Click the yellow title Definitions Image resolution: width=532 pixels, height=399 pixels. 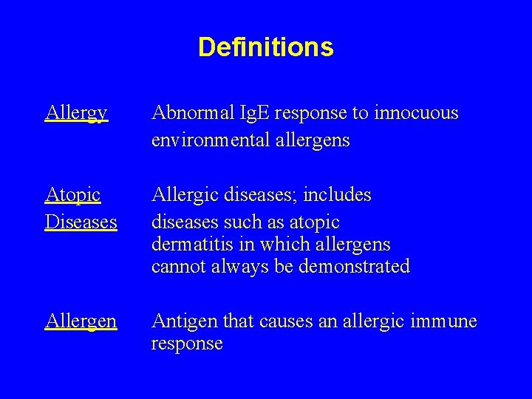(266, 48)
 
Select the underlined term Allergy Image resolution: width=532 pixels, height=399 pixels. (76, 114)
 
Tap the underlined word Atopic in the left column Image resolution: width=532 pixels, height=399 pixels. (72, 195)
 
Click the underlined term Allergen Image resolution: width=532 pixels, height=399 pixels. (81, 321)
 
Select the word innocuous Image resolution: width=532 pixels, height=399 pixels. (417, 113)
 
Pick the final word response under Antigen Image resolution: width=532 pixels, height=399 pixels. (187, 344)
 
